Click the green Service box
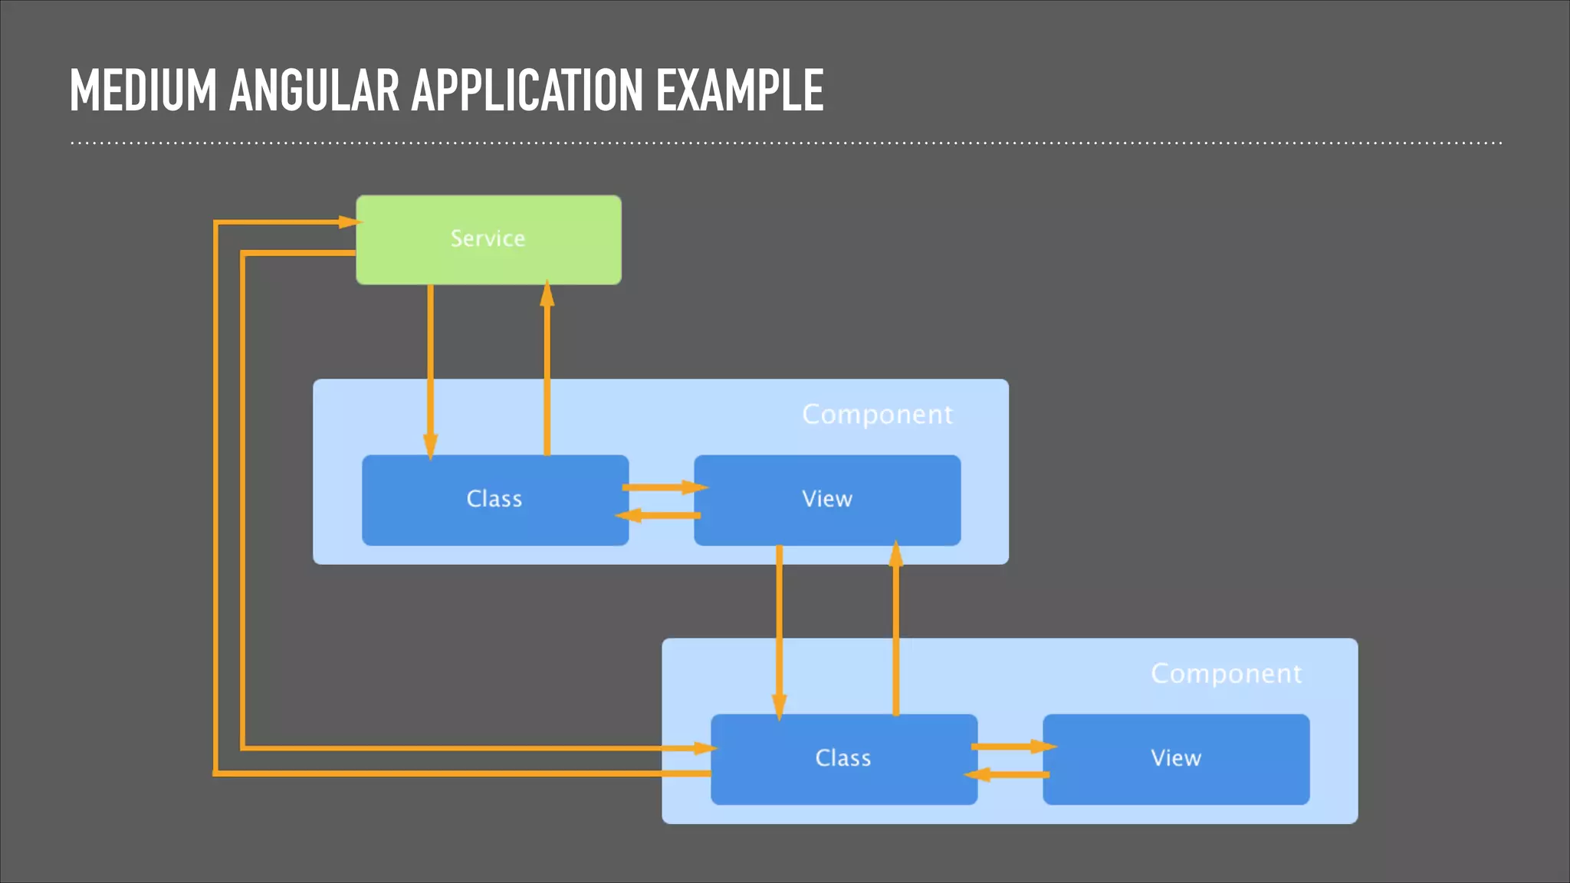pyautogui.click(x=488, y=239)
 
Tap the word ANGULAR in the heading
pyautogui.click(x=314, y=91)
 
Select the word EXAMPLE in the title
pyautogui.click(x=739, y=91)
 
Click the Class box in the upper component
pyautogui.click(x=494, y=500)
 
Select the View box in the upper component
pyautogui.click(x=826, y=500)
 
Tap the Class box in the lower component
pyautogui.click(x=843, y=759)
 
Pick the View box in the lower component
pyautogui.click(x=1175, y=759)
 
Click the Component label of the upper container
pyautogui.click(x=877, y=415)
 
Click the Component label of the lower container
pyautogui.click(x=1226, y=674)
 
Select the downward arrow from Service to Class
pyautogui.click(x=430, y=368)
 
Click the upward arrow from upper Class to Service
pyautogui.click(x=547, y=368)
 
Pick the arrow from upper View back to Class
pyautogui.click(x=659, y=515)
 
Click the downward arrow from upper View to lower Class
pyautogui.click(x=779, y=629)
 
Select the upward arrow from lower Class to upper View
pyautogui.click(x=895, y=629)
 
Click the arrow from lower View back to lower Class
pyautogui.click(x=1008, y=775)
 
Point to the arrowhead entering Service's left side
pyautogui.click(x=349, y=222)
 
